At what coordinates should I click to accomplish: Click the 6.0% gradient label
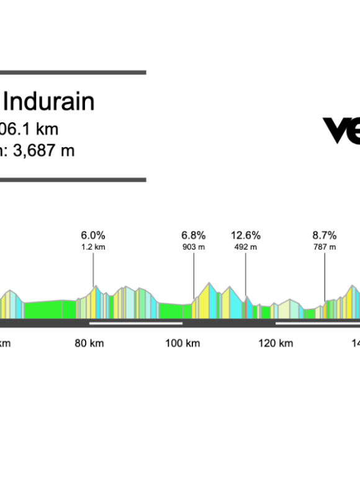tap(93, 235)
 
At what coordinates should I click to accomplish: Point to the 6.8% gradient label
tap(193, 235)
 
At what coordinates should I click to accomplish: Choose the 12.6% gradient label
tap(245, 235)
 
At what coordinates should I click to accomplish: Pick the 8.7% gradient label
tap(324, 235)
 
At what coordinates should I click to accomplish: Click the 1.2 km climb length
tap(93, 247)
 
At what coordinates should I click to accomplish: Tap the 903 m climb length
tap(193, 247)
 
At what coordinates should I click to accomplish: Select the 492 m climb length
tap(245, 247)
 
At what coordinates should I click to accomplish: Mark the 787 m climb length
tap(324, 247)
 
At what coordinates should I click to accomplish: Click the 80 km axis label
tap(90, 343)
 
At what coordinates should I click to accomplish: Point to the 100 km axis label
tap(182, 343)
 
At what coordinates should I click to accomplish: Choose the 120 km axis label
tap(276, 343)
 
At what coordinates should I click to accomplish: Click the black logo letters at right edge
tap(341, 130)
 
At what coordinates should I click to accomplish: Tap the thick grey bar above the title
tap(73, 73)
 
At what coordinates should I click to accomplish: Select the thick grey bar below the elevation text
tap(73, 180)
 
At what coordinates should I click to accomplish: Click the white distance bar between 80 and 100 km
tap(136, 323)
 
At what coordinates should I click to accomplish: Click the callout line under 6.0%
tap(94, 269)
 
